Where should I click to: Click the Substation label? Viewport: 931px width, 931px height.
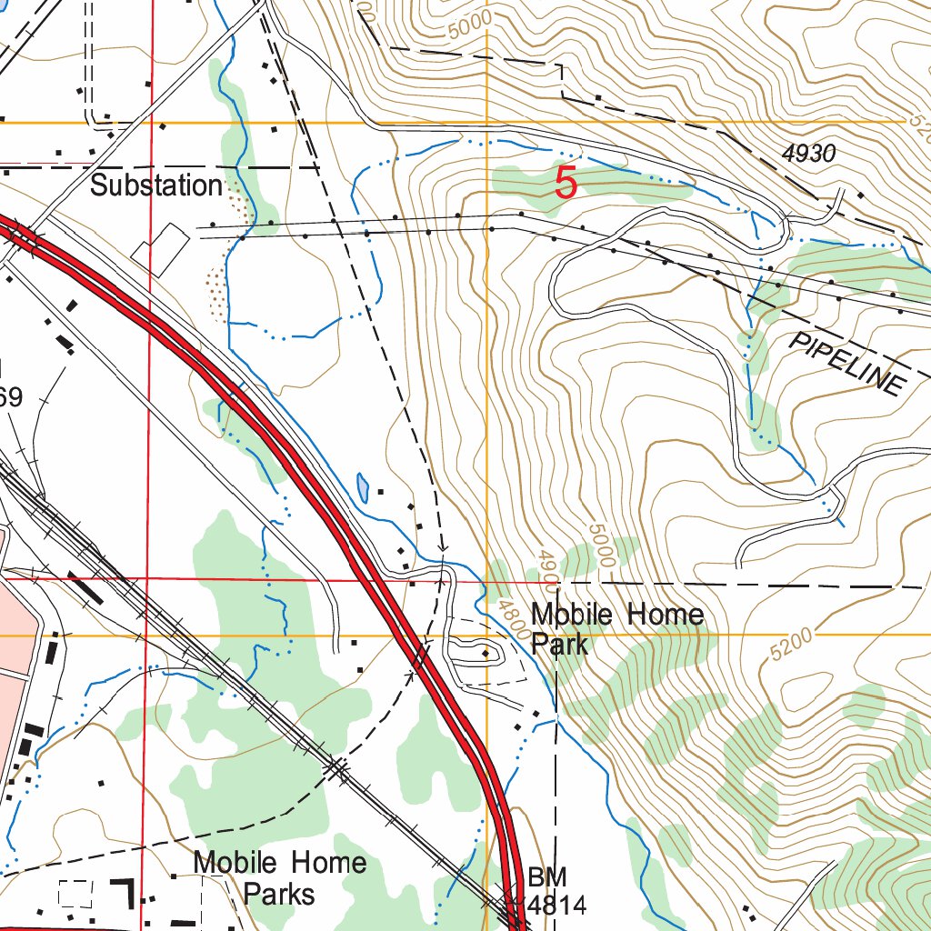156,185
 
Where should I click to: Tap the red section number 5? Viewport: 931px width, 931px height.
566,185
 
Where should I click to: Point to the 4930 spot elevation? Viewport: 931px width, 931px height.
807,154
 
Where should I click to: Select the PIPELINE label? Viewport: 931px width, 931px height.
847,363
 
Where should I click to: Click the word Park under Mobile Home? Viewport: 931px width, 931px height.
560,645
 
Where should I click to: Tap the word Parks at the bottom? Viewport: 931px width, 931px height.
279,894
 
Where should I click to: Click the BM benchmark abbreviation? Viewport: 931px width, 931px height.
547,877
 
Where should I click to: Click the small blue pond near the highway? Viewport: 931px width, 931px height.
364,488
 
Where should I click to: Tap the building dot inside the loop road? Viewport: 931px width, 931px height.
486,653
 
